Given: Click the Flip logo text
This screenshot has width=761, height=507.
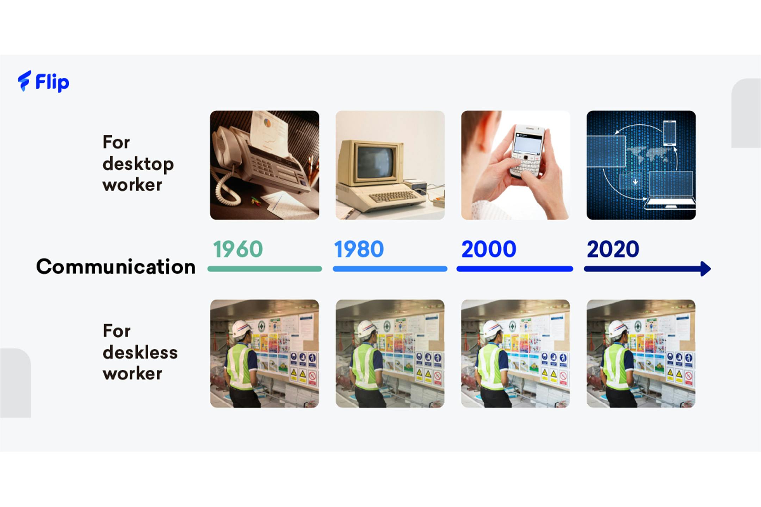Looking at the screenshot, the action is point(52,82).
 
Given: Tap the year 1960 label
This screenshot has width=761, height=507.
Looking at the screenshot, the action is point(238,249).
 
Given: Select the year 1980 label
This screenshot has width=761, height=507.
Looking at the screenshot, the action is point(359,249).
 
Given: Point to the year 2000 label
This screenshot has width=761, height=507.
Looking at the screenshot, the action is point(489,249).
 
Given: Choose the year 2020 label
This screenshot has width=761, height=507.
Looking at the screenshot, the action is point(613,249).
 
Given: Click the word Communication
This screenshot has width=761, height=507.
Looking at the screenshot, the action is point(116,267).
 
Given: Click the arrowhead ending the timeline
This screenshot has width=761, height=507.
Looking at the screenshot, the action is point(706,269).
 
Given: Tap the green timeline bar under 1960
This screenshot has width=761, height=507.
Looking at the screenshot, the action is point(265,269).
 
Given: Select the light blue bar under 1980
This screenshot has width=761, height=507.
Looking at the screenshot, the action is point(390,269).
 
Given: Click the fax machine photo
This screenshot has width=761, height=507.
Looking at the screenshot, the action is point(265,165).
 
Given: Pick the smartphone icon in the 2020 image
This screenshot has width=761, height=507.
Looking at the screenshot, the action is point(669,133).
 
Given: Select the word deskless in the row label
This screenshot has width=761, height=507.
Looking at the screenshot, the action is point(140,352).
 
